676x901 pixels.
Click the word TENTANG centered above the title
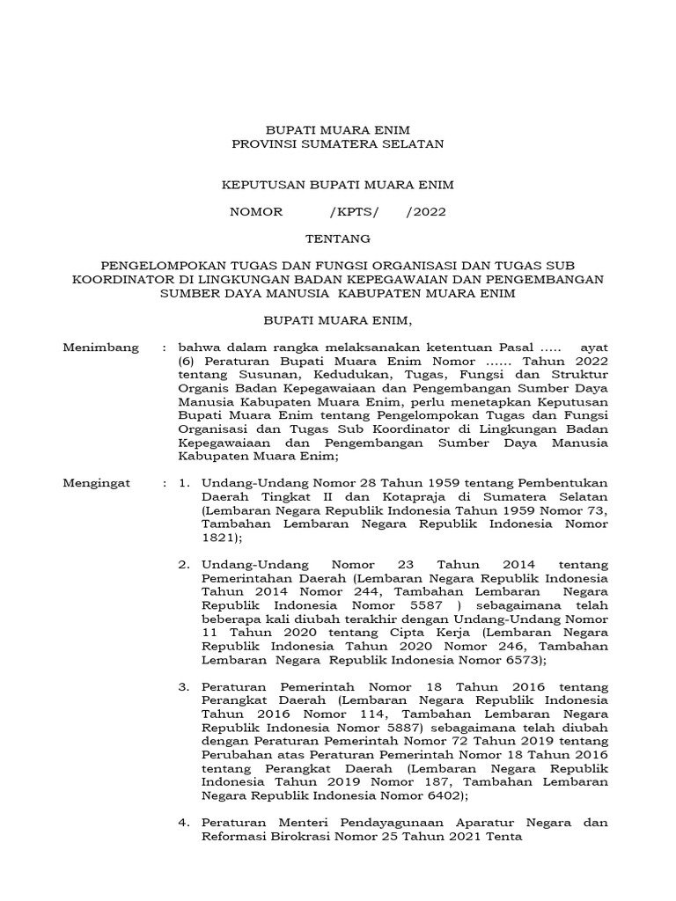338,238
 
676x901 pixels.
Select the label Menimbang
101,348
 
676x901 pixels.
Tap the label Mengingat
97,483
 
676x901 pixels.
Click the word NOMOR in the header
256,212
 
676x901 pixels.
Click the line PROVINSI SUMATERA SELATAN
338,143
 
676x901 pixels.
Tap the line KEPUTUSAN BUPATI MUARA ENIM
338,186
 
